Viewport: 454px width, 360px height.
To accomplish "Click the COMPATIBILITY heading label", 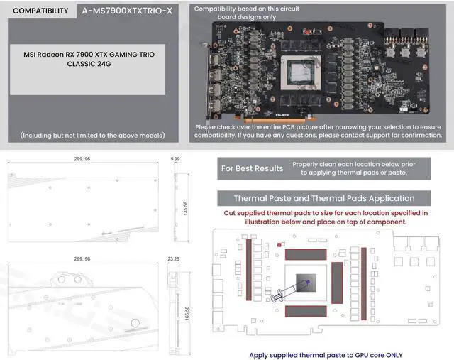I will [x=40, y=11].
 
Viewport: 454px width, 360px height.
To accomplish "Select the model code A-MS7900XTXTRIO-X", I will [x=127, y=11].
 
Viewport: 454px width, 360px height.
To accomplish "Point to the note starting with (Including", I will [x=93, y=135].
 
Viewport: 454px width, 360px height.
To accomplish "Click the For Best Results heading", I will [x=252, y=168].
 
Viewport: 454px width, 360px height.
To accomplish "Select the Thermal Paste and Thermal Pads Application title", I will [x=323, y=198].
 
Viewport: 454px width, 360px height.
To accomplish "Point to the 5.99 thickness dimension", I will [x=175, y=160].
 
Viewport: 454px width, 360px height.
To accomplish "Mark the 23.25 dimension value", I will [x=174, y=259].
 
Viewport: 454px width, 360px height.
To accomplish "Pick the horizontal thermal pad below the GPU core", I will [x=306, y=311].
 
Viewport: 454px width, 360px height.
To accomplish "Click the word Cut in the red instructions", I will [x=231, y=213].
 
